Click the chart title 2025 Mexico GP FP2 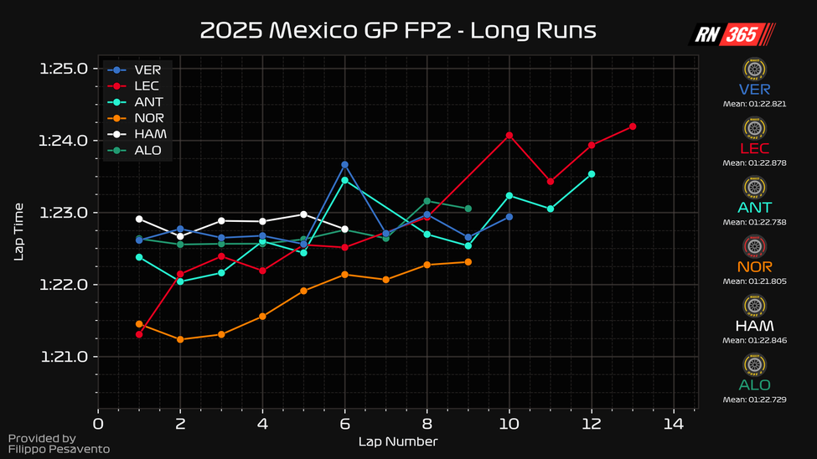coord(398,31)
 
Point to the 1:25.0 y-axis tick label coord(64,68)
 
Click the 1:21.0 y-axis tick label coord(64,357)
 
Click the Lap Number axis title coord(397,441)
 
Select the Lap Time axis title coord(19,231)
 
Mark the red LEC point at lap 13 coord(633,126)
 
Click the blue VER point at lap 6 coord(344,164)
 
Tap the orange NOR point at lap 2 coord(180,339)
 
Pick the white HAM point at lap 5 coord(303,214)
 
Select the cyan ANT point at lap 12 coord(592,174)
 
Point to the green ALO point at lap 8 coord(427,201)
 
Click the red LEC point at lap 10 coord(509,135)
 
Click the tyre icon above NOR coord(755,246)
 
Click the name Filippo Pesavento coord(59,450)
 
